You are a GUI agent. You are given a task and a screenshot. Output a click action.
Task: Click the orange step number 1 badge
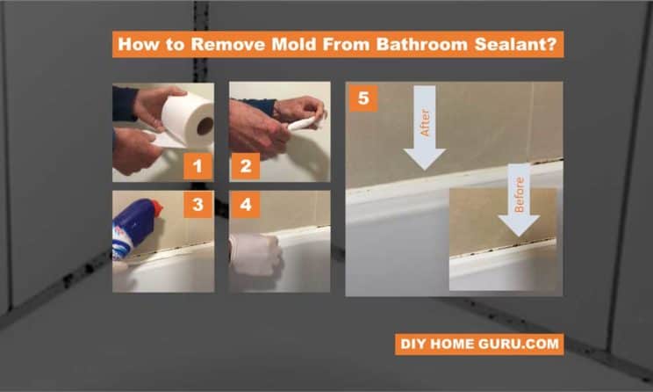pos(197,164)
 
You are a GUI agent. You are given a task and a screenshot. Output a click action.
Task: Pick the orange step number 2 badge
pos(245,164)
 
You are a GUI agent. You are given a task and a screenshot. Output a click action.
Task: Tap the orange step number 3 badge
pos(197,206)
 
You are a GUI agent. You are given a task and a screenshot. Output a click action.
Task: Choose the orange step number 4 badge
pos(245,206)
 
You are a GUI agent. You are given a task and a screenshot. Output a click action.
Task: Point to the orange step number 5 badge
pos(363,98)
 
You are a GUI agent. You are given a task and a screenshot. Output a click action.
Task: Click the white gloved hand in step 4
pos(255,254)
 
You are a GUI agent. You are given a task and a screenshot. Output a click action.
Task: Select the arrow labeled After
pos(425,127)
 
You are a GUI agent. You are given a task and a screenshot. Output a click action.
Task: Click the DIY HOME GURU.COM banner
pos(478,344)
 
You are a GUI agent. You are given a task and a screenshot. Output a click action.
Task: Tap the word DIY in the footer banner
pos(415,344)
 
